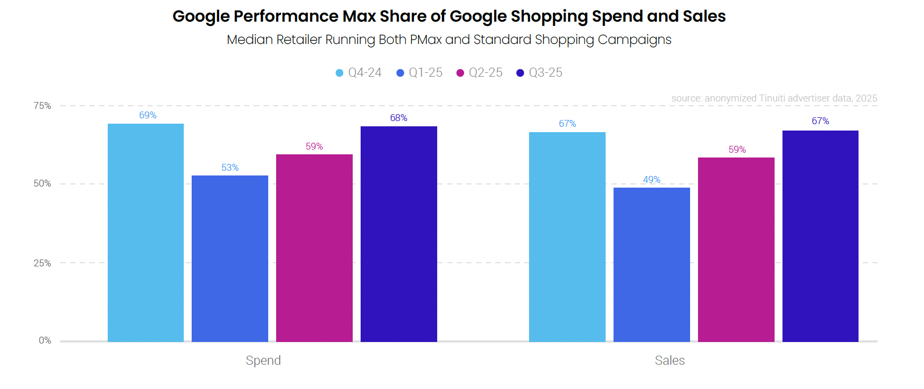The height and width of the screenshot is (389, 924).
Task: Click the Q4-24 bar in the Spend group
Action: pyautogui.click(x=146, y=233)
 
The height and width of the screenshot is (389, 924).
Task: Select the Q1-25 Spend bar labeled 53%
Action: pyautogui.click(x=230, y=258)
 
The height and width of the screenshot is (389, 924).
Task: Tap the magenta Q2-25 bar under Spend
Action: pyautogui.click(x=314, y=248)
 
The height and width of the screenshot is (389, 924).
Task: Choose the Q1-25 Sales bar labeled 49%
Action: pyautogui.click(x=652, y=264)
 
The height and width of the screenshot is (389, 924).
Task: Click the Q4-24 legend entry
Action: pyautogui.click(x=359, y=73)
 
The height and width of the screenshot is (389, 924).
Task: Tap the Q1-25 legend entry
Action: pyautogui.click(x=420, y=73)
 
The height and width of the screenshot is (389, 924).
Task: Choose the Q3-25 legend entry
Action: pyautogui.click(x=540, y=73)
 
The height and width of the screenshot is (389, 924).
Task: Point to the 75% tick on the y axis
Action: pyautogui.click(x=42, y=106)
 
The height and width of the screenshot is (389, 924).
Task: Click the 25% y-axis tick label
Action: pyautogui.click(x=42, y=263)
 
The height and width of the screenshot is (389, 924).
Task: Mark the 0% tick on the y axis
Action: pyautogui.click(x=45, y=340)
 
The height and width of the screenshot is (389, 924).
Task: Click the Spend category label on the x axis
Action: pyautogui.click(x=263, y=360)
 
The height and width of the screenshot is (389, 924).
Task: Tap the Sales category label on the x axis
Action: pyautogui.click(x=670, y=360)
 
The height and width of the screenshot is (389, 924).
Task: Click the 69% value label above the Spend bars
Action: pyautogui.click(x=148, y=115)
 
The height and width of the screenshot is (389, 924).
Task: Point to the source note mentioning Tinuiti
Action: pyautogui.click(x=774, y=98)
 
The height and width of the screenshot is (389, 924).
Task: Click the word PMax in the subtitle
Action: pyautogui.click(x=426, y=40)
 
